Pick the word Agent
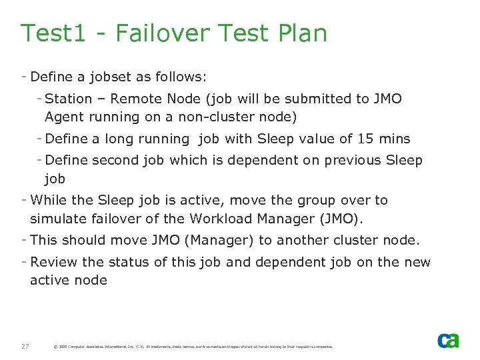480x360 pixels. point(64,117)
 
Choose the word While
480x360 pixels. point(49,200)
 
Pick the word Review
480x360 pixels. point(53,262)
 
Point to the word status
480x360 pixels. point(148,262)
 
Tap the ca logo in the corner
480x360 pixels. point(448,340)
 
